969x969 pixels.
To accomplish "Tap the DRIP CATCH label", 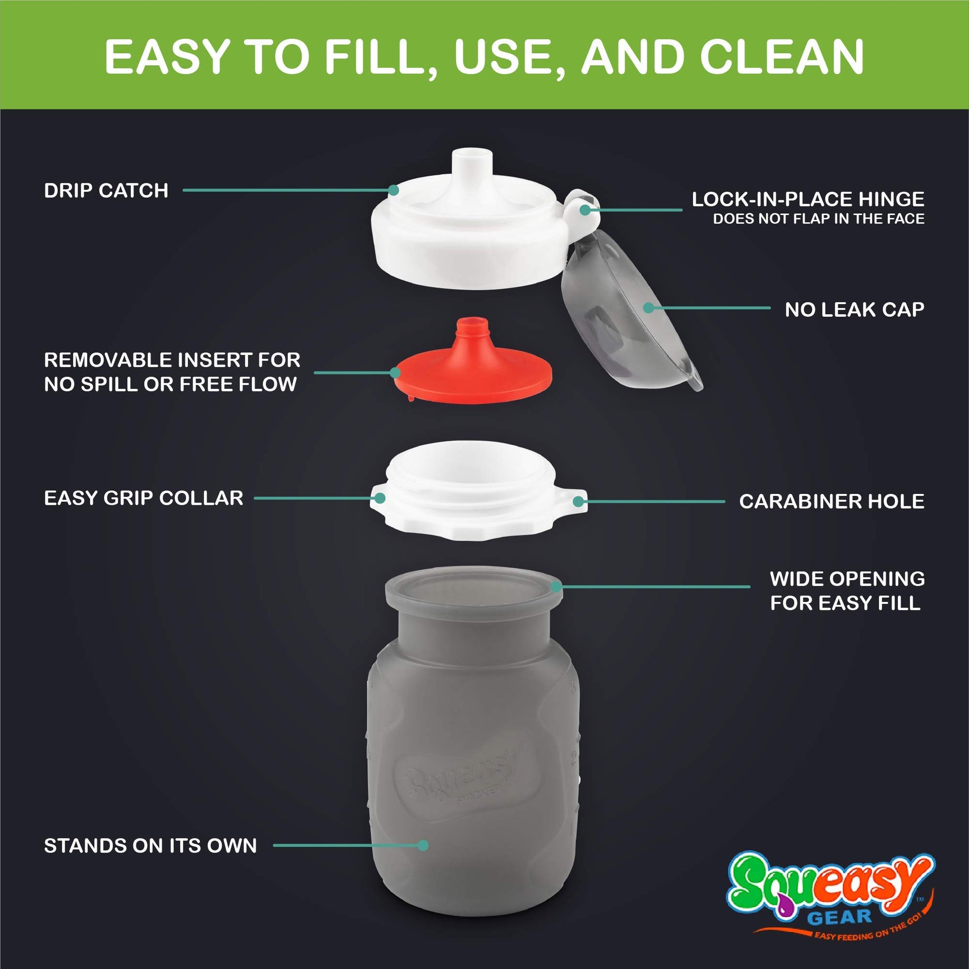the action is (107, 191).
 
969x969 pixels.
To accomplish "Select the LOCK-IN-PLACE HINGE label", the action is (808, 199).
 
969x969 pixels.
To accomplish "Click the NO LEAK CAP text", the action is (854, 309).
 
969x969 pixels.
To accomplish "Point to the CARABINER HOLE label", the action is (832, 501).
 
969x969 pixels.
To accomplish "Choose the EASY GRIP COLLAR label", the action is (144, 498).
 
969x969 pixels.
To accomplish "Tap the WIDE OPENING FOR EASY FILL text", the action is (847, 591).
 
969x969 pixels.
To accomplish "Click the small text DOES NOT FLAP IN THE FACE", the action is (819, 219).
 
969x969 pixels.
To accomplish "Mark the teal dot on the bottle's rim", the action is (556, 586).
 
